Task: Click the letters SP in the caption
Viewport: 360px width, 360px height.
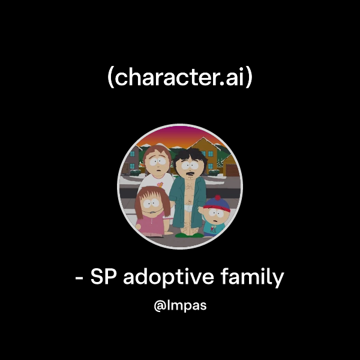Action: click(x=103, y=278)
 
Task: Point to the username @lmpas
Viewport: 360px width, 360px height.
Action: click(x=180, y=306)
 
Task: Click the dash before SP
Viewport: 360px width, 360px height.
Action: click(x=80, y=280)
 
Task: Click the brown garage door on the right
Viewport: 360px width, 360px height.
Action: click(x=232, y=170)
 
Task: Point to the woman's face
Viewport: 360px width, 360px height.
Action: click(x=157, y=162)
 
